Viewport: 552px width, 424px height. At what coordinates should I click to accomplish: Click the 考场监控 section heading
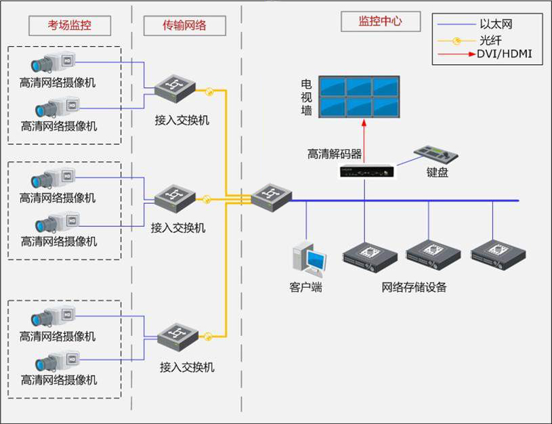(x=69, y=26)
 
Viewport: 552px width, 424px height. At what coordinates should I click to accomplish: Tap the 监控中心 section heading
(x=380, y=21)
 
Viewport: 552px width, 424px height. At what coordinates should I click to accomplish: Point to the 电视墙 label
(x=306, y=97)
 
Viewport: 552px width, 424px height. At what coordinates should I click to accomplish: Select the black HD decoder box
(x=366, y=173)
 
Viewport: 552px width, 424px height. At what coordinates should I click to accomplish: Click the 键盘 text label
(x=437, y=173)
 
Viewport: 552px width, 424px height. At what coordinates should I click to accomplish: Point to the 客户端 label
(x=305, y=287)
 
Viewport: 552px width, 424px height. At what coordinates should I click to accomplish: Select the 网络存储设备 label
(x=415, y=287)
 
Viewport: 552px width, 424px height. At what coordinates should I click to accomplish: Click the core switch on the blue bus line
(x=271, y=198)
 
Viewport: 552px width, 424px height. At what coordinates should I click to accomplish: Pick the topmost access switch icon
(x=175, y=89)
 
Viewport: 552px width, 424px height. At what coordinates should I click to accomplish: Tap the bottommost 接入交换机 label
(x=187, y=367)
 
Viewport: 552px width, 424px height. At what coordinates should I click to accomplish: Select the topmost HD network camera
(x=54, y=64)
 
